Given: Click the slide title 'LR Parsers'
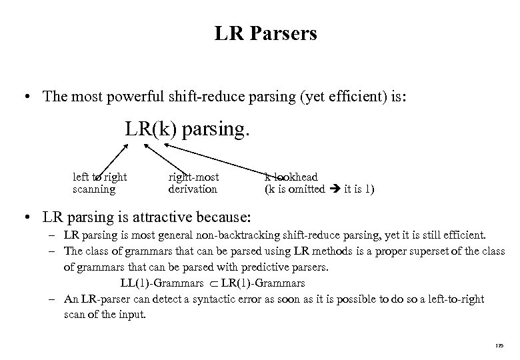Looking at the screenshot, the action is click(265, 33).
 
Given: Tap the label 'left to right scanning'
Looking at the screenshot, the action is click(99, 183).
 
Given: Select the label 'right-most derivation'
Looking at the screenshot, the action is click(193, 183).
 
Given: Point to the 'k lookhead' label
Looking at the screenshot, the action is click(291, 177).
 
